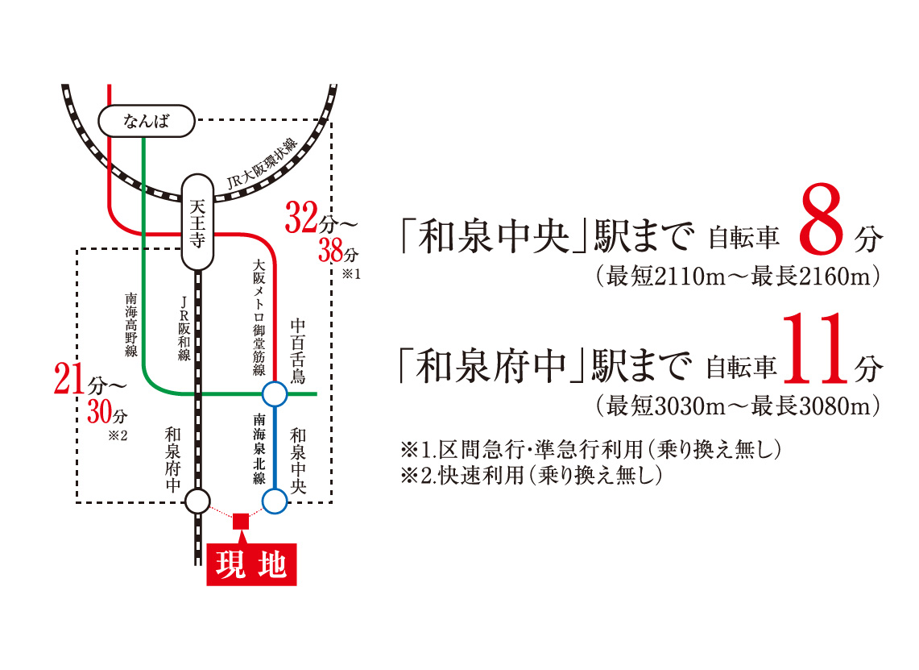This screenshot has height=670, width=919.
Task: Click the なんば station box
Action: [x=146, y=121]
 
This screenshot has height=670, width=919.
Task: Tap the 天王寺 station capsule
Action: [x=197, y=222]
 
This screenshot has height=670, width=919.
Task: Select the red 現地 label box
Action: [x=251, y=564]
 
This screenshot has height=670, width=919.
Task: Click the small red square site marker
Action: [x=241, y=521]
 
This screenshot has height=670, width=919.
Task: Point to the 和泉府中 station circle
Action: [x=197, y=501]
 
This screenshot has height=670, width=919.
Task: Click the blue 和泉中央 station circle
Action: [x=275, y=501]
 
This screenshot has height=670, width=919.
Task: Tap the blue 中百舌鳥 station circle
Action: [x=275, y=394]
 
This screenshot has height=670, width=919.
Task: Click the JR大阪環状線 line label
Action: [x=262, y=164]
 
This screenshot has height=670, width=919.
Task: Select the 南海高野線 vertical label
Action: [x=131, y=324]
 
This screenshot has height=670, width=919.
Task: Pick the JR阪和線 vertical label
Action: [x=184, y=328]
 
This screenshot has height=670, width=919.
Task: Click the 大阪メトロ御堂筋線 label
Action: [x=259, y=318]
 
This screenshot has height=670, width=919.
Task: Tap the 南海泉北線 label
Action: [x=259, y=449]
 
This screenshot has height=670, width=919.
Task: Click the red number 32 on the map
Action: [x=302, y=217]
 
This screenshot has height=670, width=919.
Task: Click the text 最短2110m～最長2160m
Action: [x=738, y=276]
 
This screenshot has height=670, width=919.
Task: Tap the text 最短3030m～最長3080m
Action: [x=738, y=406]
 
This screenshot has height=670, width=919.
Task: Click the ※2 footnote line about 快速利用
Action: [x=531, y=475]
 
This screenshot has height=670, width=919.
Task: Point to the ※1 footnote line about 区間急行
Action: [x=591, y=449]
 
